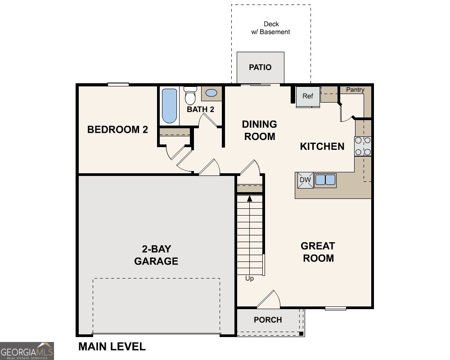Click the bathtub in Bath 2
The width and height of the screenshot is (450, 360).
coord(169,106)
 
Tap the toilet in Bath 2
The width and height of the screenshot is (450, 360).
coord(190,96)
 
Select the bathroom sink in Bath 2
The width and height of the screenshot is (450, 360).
coord(211,94)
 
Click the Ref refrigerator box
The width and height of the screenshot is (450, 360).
coord(307,96)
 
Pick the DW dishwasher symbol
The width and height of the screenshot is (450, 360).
coord(305,180)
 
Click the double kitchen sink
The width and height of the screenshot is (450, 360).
coord(325,180)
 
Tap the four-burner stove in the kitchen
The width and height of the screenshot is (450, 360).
coord(363,146)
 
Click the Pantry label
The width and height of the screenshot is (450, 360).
coord(355,90)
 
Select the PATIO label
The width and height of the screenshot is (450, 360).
coord(261,67)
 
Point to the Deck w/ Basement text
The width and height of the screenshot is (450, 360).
coord(271,28)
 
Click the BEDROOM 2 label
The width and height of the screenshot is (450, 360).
coord(117,130)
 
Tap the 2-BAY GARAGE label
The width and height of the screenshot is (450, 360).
coord(156,255)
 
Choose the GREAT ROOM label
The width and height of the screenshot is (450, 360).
coord(318,252)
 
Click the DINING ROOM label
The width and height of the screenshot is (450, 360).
coord(260,130)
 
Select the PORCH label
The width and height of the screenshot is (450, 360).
coord(268,320)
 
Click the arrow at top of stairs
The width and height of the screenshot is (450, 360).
coord(249,198)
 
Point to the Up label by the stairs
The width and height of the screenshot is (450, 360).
coord(249,279)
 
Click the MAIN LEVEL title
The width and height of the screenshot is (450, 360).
coord(112,346)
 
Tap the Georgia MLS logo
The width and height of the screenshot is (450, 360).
coord(27,351)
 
